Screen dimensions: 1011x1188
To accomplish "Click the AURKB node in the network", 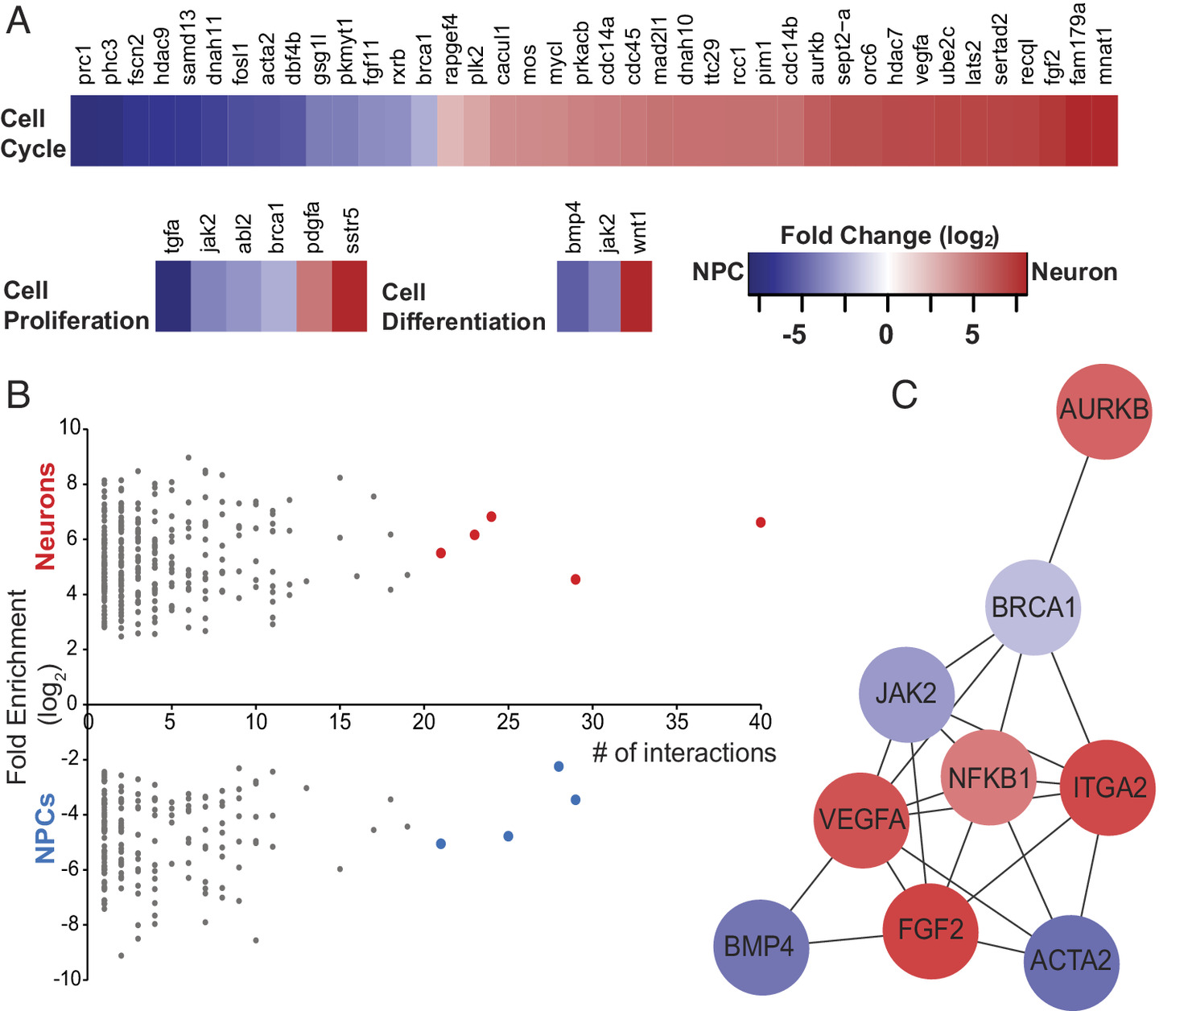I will point(1104,411).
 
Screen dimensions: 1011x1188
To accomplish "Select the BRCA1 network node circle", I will point(1033,608).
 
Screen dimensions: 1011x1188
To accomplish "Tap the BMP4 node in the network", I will point(759,947).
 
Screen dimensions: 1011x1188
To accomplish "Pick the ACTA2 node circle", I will point(1070,960).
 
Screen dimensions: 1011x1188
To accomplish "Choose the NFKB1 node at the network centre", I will point(989,778).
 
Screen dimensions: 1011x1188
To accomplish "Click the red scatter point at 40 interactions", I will point(761,522).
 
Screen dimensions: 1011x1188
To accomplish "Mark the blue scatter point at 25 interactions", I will point(508,836).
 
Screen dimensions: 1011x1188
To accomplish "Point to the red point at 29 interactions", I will point(575,580).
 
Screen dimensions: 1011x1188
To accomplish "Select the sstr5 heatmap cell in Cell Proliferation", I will point(349,296).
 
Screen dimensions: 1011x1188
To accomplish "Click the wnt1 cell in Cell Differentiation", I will point(636,296).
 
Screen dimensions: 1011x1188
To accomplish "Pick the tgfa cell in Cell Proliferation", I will point(173,296).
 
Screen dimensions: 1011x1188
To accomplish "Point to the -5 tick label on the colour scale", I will point(794,335).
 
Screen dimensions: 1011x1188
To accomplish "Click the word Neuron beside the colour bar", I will point(1074,272).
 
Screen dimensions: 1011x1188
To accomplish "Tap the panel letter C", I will point(904,395).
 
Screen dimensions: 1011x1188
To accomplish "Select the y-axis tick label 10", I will point(69,427).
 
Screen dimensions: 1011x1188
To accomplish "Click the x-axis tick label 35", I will point(676,721).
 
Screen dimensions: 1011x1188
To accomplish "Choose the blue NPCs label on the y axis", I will point(46,827).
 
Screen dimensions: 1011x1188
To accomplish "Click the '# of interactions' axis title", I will point(684,753).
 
